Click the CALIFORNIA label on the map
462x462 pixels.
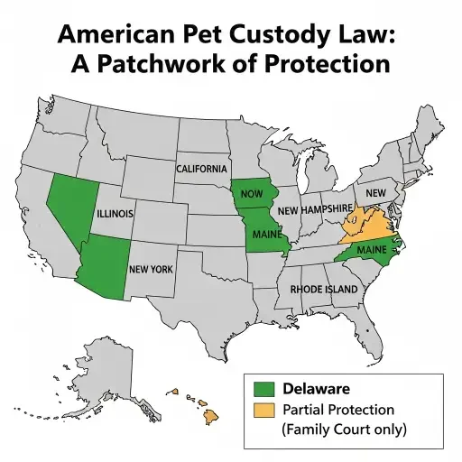pyautogui.click(x=201, y=170)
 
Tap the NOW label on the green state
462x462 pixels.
pyautogui.click(x=253, y=194)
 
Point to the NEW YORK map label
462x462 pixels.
pyautogui.click(x=152, y=269)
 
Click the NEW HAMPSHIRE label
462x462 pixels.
pyautogui.click(x=315, y=209)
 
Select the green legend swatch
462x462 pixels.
pyautogui.click(x=263, y=389)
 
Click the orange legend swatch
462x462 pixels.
pyautogui.click(x=263, y=411)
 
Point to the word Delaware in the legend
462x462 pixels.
pyautogui.click(x=317, y=389)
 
